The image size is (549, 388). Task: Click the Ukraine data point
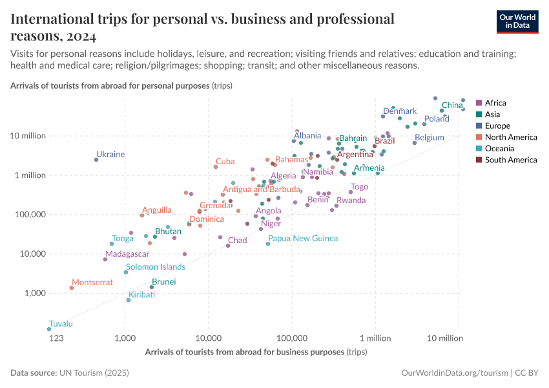96,160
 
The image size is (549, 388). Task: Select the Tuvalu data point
49,329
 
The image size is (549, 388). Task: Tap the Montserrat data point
72,288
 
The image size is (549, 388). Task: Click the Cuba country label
225,162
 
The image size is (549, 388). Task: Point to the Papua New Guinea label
302,239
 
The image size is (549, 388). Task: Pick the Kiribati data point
129,300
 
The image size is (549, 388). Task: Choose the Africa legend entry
495,103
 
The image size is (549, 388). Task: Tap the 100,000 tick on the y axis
26,215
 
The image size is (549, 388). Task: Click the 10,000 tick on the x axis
209,338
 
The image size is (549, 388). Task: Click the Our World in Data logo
517,21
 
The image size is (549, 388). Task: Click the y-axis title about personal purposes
121,85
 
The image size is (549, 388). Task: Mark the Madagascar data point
105,259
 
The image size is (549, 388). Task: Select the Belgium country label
430,138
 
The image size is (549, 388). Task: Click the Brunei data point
152,287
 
